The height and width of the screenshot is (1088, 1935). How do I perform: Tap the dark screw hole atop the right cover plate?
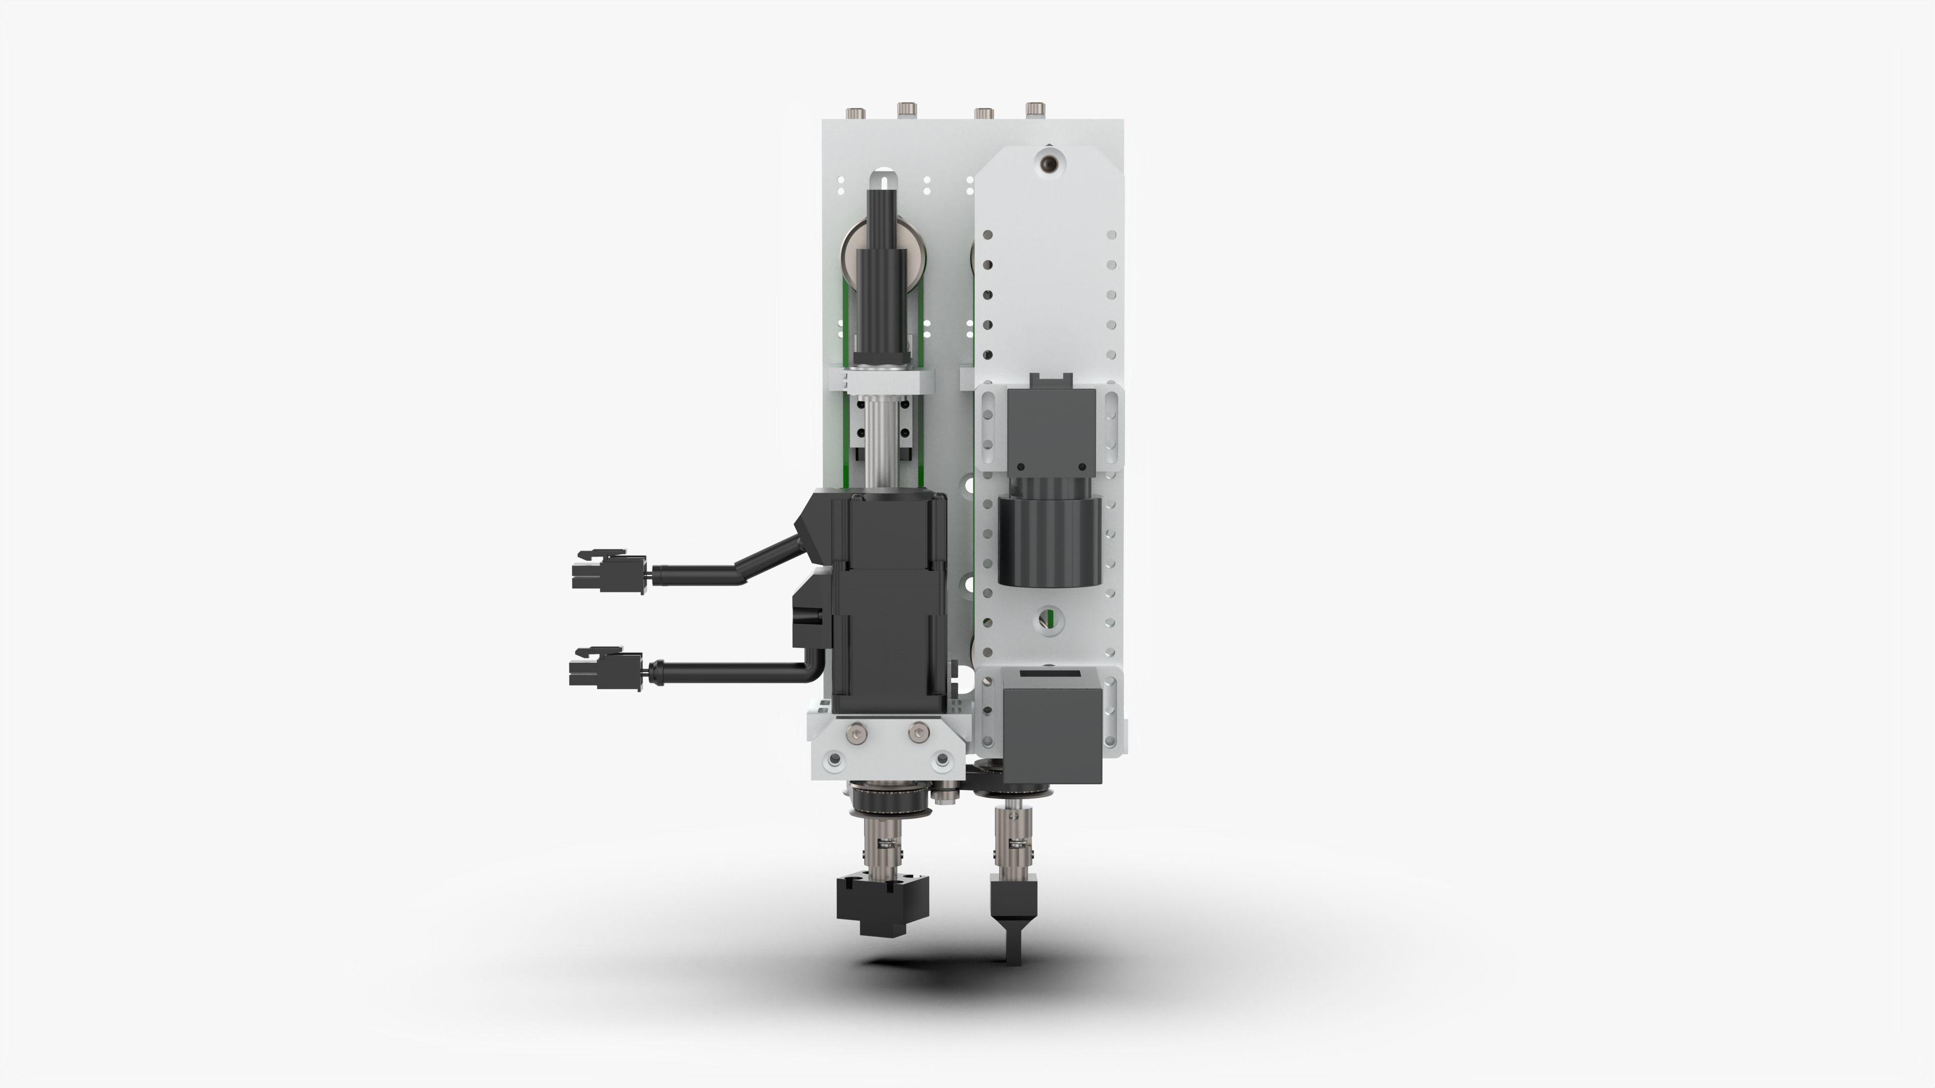[x=1048, y=163]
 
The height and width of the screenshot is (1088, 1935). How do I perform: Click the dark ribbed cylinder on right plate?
[x=1049, y=539]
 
